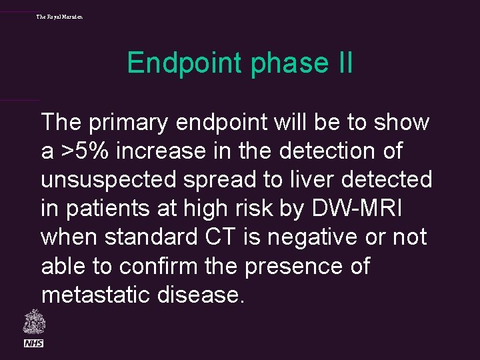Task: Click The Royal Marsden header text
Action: (60, 16)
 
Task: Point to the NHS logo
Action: (33, 343)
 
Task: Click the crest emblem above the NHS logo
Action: (33, 322)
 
